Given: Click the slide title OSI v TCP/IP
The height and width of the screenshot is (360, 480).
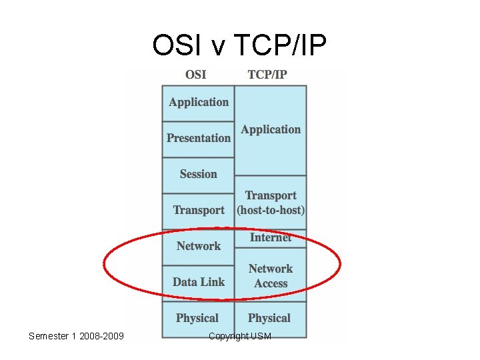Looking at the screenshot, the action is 239,45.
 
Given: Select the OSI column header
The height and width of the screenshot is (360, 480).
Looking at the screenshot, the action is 195,74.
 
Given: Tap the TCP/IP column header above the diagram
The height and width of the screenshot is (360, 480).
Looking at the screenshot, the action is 267,74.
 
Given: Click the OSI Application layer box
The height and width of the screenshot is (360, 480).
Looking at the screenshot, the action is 198,103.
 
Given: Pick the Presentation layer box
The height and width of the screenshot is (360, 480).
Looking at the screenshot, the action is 198,139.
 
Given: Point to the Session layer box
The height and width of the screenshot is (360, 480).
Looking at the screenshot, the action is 198,175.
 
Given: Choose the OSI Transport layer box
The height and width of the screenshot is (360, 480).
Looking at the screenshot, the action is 198,211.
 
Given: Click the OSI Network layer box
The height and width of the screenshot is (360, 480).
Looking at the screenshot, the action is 198,247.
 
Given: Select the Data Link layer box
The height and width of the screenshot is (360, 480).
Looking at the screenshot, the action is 198,283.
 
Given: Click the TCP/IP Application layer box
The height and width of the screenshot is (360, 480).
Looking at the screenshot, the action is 271,130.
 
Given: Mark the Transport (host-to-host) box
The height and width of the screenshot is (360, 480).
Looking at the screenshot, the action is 271,203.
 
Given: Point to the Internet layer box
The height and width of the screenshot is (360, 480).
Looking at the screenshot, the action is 271,238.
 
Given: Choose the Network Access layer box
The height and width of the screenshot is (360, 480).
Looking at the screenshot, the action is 271,275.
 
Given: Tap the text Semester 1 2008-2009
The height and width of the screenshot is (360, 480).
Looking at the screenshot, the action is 76,336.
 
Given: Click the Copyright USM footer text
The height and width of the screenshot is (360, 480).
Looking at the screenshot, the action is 240,336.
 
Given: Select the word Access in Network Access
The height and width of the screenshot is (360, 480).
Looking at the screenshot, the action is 271,284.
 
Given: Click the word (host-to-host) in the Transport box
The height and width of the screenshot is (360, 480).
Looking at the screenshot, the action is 271,211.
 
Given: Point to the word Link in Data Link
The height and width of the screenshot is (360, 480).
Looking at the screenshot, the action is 213,283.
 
